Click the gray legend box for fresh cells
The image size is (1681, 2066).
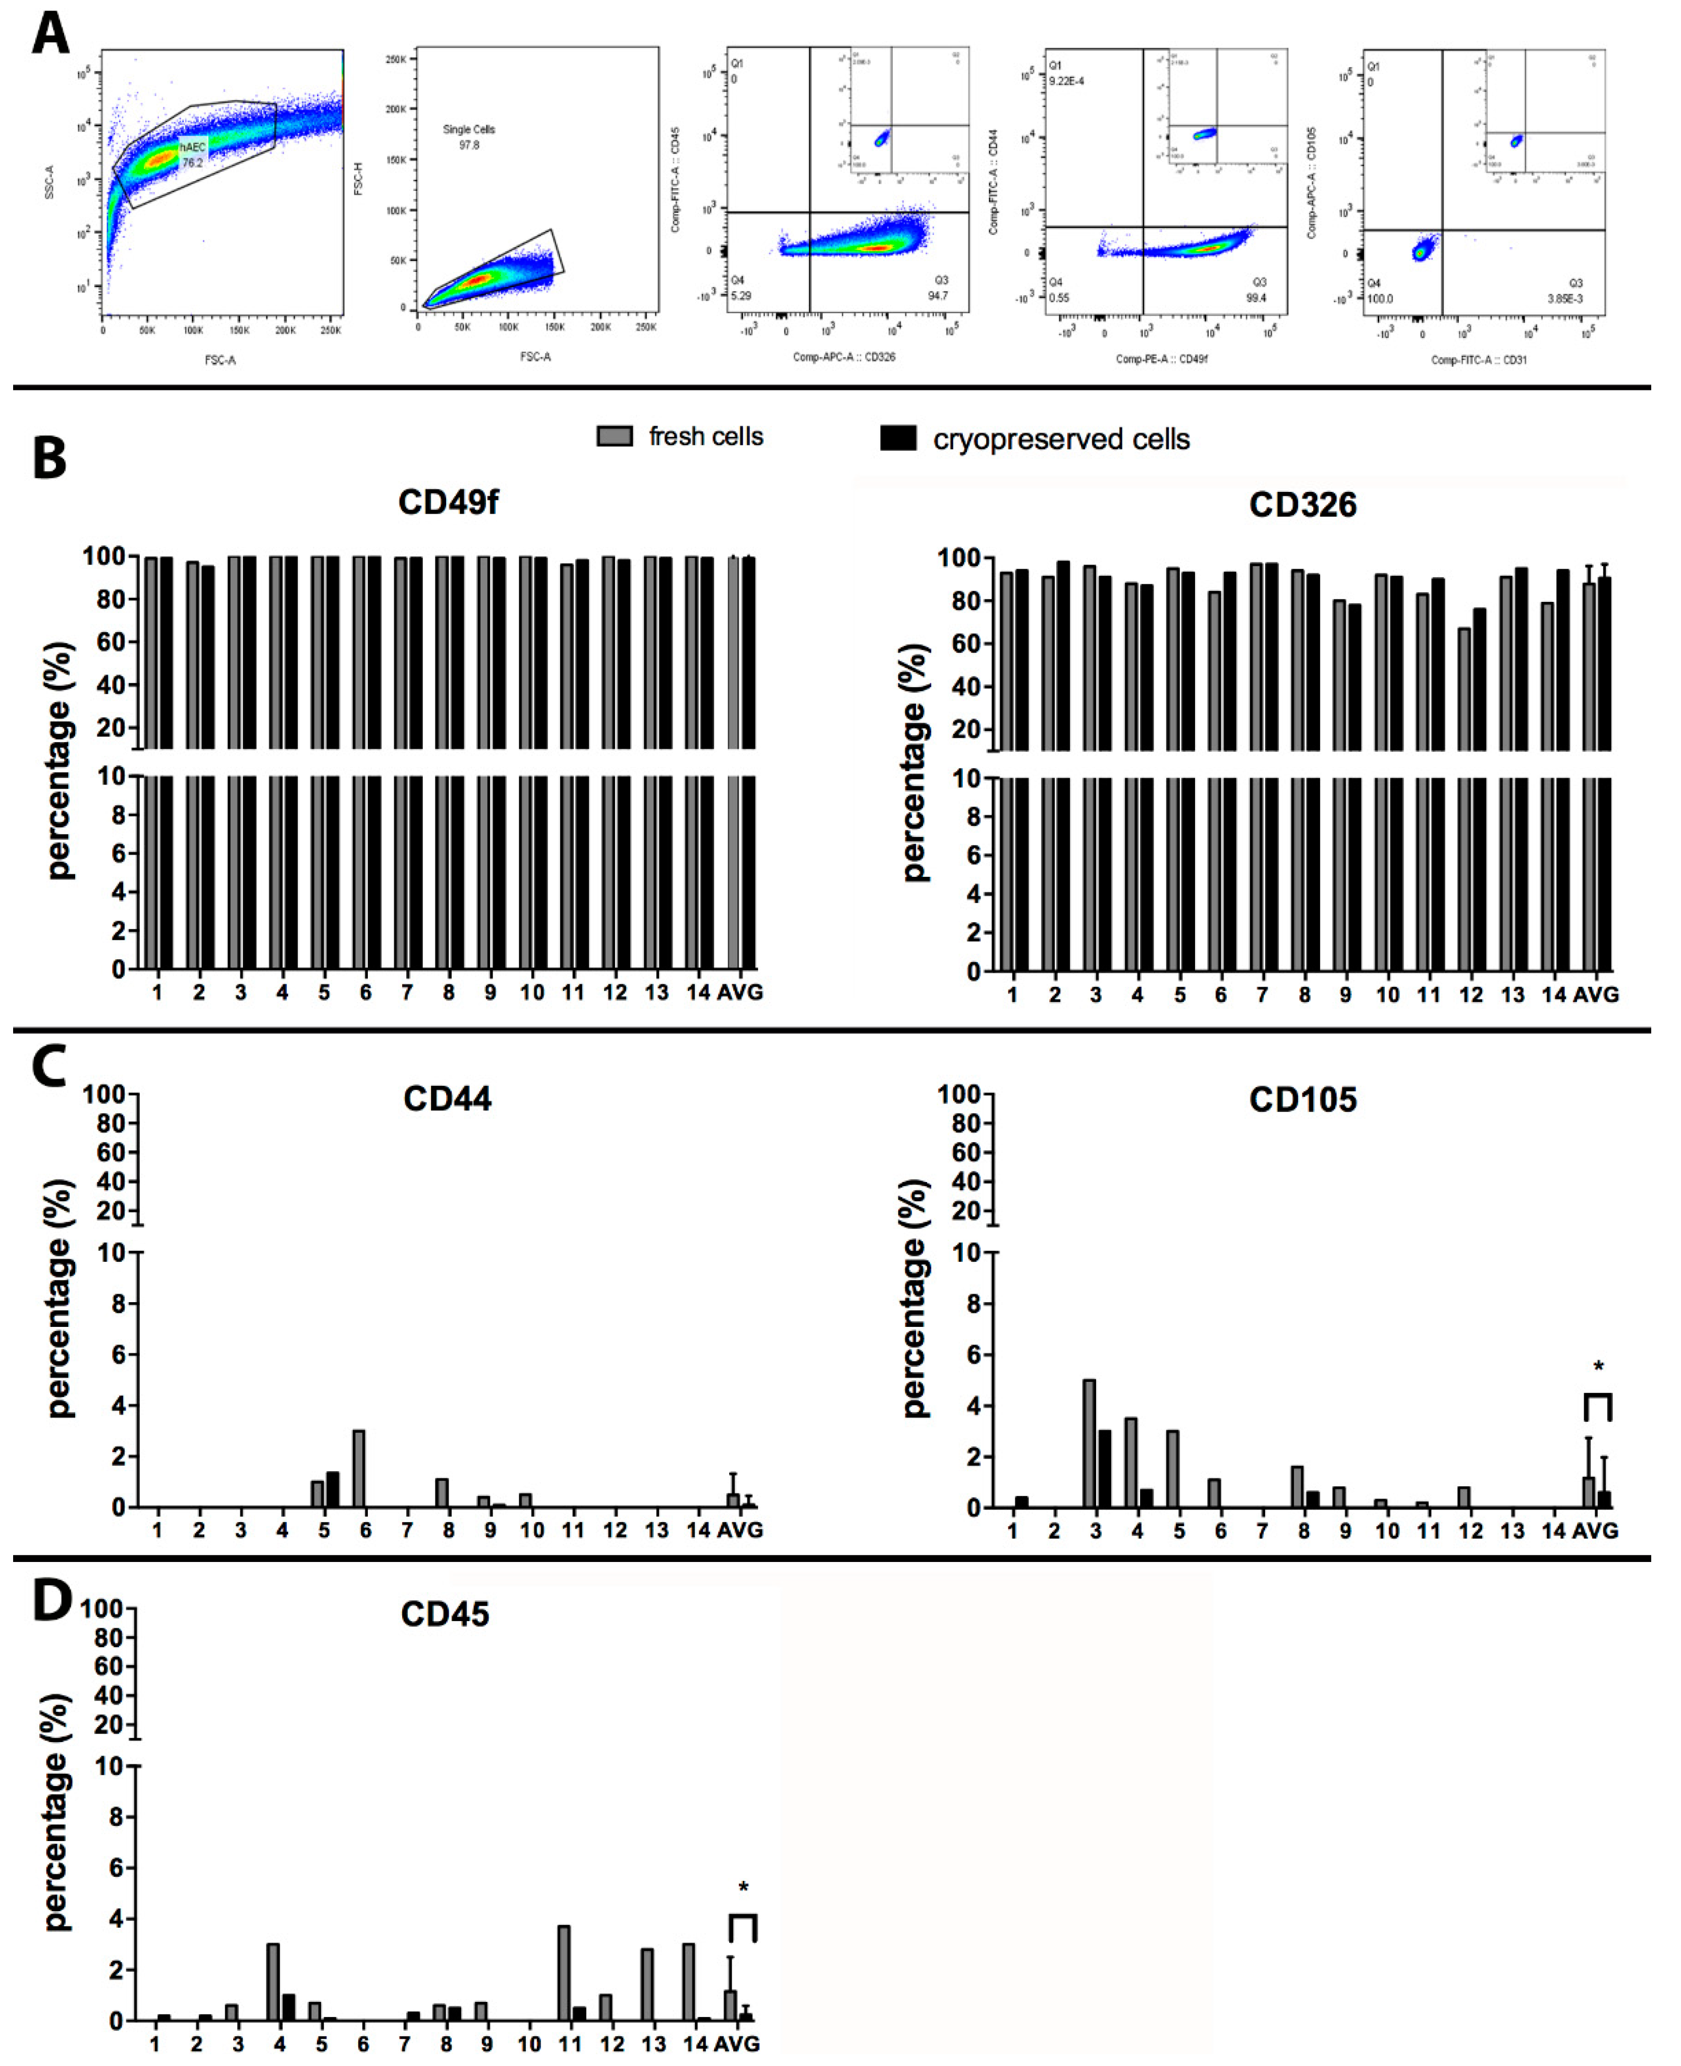[x=614, y=436]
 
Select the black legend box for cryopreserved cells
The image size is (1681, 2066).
[x=898, y=438]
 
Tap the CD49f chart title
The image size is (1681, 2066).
[x=447, y=502]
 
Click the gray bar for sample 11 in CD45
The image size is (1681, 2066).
[x=564, y=1972]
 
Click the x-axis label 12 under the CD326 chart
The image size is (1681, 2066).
[x=1470, y=995]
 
